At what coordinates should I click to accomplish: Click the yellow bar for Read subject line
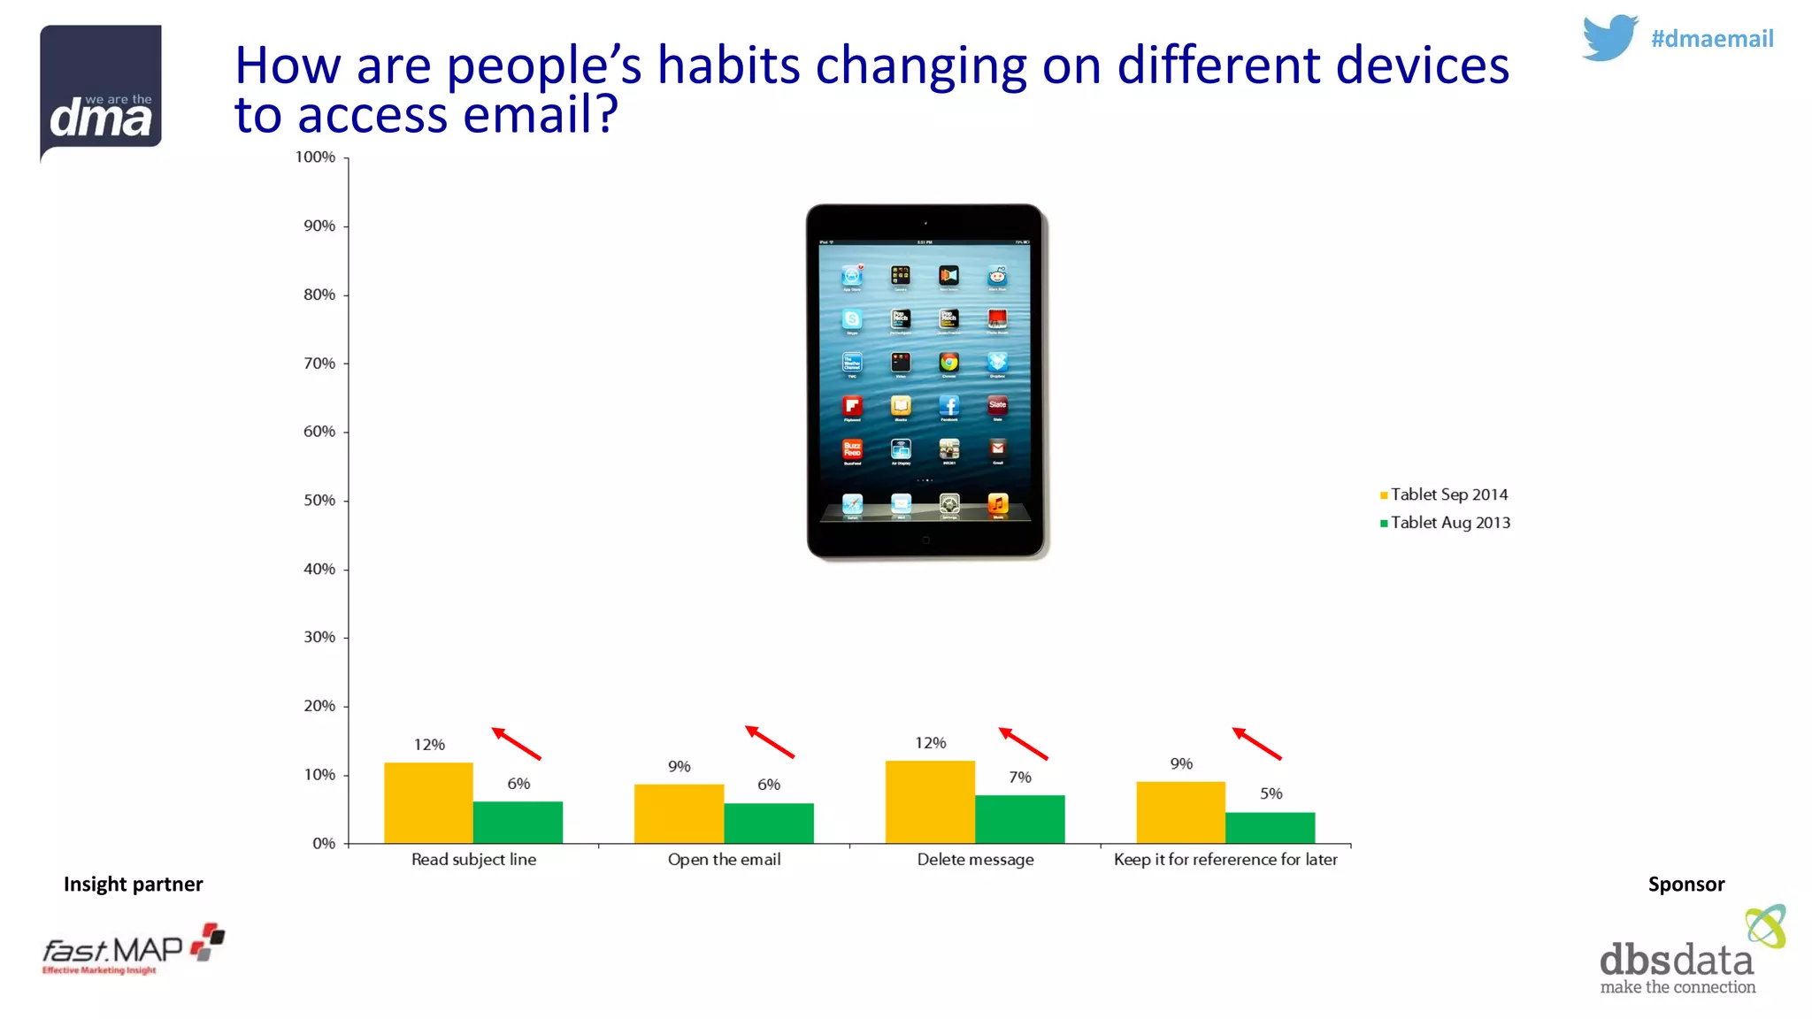pyautogui.click(x=428, y=802)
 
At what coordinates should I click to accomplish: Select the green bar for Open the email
pyautogui.click(x=768, y=823)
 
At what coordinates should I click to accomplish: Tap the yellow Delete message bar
pyautogui.click(x=930, y=801)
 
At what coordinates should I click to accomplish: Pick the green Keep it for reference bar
pyautogui.click(x=1270, y=827)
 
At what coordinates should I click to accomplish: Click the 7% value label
pyautogui.click(x=1020, y=778)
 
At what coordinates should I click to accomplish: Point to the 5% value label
pyautogui.click(x=1271, y=793)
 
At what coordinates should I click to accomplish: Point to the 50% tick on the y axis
pyautogui.click(x=319, y=501)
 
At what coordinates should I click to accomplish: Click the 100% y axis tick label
pyautogui.click(x=315, y=157)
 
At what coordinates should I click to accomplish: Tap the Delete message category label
pyautogui.click(x=975, y=860)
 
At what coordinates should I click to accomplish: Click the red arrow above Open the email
pyautogui.click(x=769, y=742)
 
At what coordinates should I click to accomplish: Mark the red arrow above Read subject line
pyautogui.click(x=516, y=743)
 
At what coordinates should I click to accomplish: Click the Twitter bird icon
pyautogui.click(x=1609, y=37)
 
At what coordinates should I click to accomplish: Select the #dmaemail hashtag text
pyautogui.click(x=1712, y=39)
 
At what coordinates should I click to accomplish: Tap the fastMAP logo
pyautogui.click(x=133, y=950)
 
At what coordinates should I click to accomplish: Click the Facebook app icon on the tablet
pyautogui.click(x=948, y=406)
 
